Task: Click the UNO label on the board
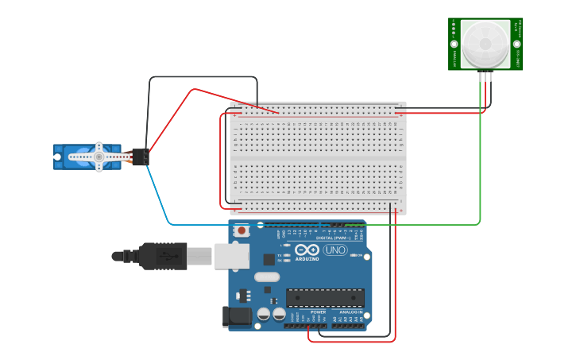click(x=335, y=250)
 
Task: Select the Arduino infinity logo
click(x=307, y=250)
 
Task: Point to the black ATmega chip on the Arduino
click(x=325, y=297)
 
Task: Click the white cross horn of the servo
click(x=99, y=157)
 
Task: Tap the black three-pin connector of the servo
click(x=140, y=157)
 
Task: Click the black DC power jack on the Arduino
click(x=236, y=316)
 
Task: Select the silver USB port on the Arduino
click(x=231, y=256)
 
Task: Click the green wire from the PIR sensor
click(x=481, y=159)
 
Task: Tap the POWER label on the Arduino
click(x=318, y=312)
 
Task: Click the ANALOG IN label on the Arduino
click(x=350, y=312)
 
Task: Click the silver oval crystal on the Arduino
click(x=267, y=277)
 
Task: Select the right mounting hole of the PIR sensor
click(x=518, y=43)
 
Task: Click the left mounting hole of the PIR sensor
click(x=453, y=43)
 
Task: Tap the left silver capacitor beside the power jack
click(x=264, y=315)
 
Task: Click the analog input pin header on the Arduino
click(x=350, y=326)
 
